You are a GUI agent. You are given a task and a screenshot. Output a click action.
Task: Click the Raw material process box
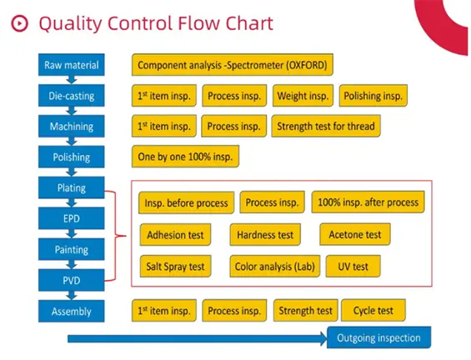click(x=71, y=65)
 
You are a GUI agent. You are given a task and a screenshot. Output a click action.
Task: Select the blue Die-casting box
click(x=71, y=96)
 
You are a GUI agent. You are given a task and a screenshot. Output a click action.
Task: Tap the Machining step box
click(x=71, y=127)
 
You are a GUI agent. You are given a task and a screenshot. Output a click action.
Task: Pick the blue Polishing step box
click(x=71, y=157)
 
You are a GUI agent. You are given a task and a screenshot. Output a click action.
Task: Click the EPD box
click(x=71, y=218)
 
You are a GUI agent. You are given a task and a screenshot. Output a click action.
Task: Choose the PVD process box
click(x=71, y=280)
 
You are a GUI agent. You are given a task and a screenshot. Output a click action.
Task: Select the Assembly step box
click(x=71, y=311)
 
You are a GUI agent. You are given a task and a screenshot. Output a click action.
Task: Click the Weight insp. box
click(x=303, y=96)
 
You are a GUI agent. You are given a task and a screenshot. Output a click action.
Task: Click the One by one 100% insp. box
click(x=185, y=157)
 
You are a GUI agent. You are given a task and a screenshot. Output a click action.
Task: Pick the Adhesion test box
click(x=175, y=235)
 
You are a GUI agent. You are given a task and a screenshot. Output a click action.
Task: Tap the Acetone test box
click(x=355, y=235)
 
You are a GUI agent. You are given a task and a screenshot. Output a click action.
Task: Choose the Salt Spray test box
click(x=175, y=267)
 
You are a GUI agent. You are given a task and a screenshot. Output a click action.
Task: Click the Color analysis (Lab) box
click(x=273, y=267)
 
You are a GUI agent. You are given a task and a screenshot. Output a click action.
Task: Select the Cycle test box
click(x=373, y=311)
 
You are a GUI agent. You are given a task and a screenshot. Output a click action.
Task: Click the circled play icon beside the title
click(x=19, y=22)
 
